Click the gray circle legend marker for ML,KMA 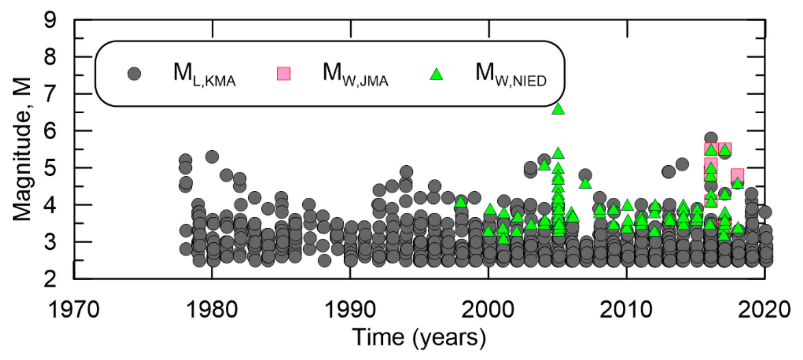(134, 74)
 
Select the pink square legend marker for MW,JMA (284, 74)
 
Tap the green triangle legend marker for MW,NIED (436, 74)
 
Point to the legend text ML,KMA (205, 74)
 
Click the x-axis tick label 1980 (212, 310)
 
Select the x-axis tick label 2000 (488, 310)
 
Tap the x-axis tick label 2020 (764, 310)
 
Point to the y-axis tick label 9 (50, 20)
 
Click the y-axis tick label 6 (50, 131)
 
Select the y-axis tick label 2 (50, 279)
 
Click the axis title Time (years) (419, 338)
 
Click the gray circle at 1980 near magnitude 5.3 (212, 156)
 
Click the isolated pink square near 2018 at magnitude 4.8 (738, 175)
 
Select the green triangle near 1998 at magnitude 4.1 (461, 202)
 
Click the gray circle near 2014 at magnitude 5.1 (682, 164)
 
